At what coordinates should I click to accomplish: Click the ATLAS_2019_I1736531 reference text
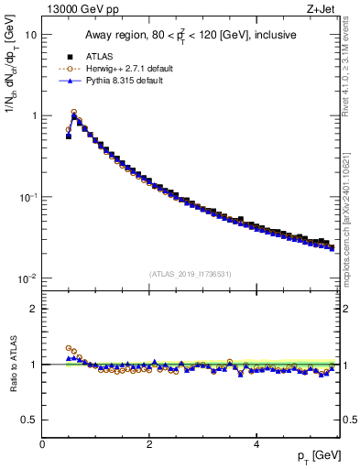(x=191, y=273)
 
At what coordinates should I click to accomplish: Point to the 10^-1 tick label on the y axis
(x=29, y=197)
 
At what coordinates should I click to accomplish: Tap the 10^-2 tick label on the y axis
(x=29, y=278)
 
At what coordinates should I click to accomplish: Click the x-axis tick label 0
(x=43, y=444)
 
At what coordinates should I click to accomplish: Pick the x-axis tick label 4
(x=256, y=444)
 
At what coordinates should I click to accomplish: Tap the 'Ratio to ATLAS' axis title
(x=11, y=365)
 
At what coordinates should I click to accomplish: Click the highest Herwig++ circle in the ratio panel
(x=69, y=348)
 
